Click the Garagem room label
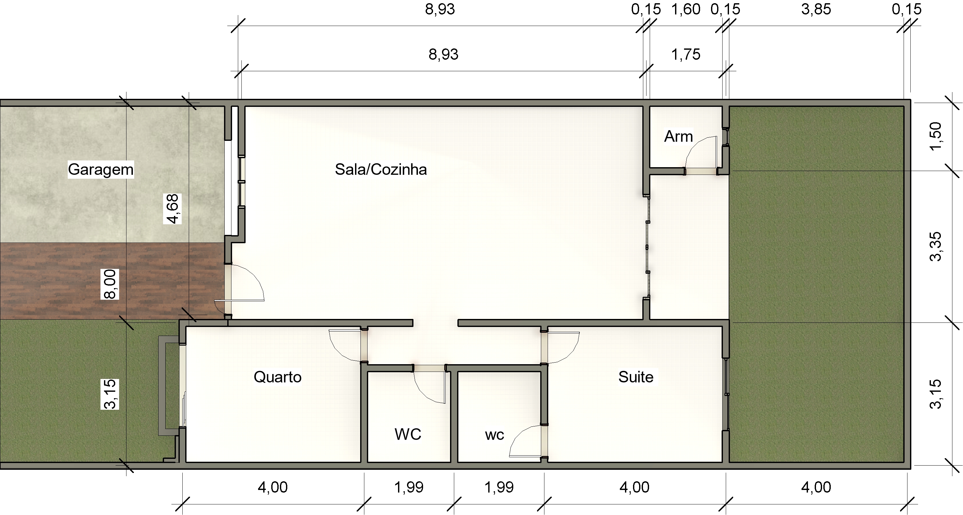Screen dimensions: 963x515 pyautogui.click(x=100, y=170)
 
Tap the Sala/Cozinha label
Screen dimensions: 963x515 pyautogui.click(x=381, y=170)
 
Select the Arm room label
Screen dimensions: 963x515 pyautogui.click(x=678, y=137)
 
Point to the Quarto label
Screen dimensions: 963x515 pyautogui.click(x=277, y=377)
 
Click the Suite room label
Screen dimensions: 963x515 pyautogui.click(x=636, y=377)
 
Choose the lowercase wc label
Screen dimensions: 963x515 pyautogui.click(x=494, y=435)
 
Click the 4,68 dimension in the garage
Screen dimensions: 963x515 pyautogui.click(x=172, y=209)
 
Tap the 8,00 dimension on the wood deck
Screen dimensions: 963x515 pyautogui.click(x=110, y=284)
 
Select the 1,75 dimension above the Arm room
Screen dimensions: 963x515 pyautogui.click(x=686, y=55)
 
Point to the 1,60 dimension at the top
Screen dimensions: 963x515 pyautogui.click(x=686, y=9)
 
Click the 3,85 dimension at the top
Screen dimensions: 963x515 pyautogui.click(x=816, y=9)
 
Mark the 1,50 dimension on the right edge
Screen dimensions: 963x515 pyautogui.click(x=935, y=136)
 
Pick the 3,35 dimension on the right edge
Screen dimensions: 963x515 pyautogui.click(x=935, y=247)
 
